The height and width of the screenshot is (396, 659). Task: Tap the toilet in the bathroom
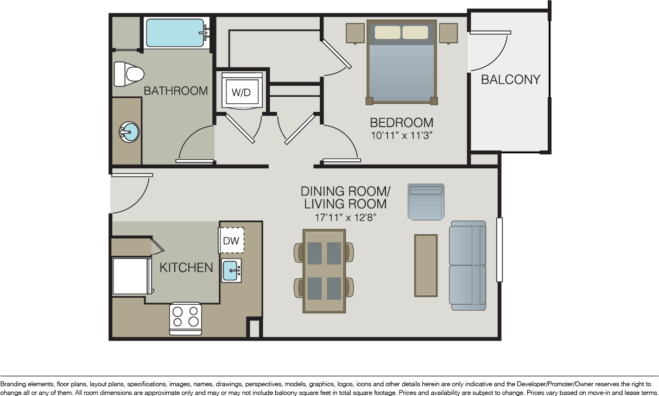[129, 74]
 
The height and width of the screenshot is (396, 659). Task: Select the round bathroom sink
[129, 132]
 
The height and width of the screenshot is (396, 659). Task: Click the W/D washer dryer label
[241, 92]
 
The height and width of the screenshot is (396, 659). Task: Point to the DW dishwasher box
[231, 240]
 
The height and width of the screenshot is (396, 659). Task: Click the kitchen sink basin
[231, 271]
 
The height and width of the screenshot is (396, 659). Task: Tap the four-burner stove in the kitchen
[185, 319]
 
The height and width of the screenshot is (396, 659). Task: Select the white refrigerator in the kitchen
[132, 276]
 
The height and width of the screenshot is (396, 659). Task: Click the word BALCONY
[511, 79]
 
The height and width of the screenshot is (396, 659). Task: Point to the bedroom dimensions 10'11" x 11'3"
[402, 135]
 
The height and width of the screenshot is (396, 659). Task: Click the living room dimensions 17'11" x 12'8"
[345, 217]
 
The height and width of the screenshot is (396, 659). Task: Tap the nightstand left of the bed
[355, 33]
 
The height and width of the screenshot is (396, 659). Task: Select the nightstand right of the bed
[448, 33]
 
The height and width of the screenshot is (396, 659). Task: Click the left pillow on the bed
[388, 33]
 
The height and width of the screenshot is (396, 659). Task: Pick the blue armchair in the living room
[426, 202]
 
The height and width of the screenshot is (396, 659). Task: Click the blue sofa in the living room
[467, 266]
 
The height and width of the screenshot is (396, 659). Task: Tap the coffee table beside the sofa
[426, 266]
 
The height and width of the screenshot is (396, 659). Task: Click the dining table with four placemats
[324, 271]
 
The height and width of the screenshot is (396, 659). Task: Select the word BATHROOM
[176, 91]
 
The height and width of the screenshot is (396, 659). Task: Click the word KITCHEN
[186, 268]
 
